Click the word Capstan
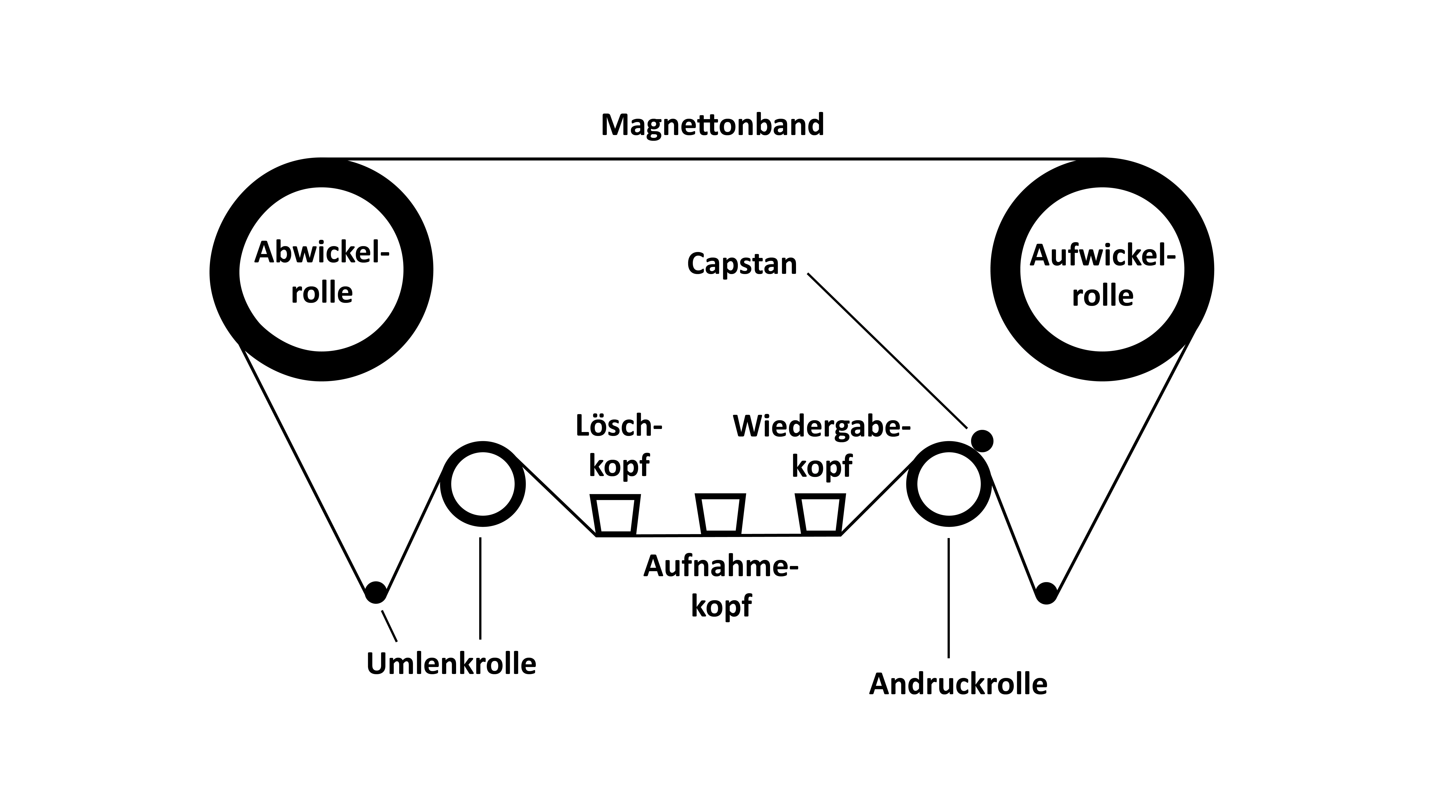[x=742, y=264]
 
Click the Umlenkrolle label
[x=451, y=664]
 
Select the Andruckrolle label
[x=958, y=684]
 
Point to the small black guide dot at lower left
[x=376, y=592]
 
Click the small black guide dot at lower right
[x=1047, y=593]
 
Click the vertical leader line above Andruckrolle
[x=948, y=598]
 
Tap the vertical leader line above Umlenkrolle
[x=480, y=589]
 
